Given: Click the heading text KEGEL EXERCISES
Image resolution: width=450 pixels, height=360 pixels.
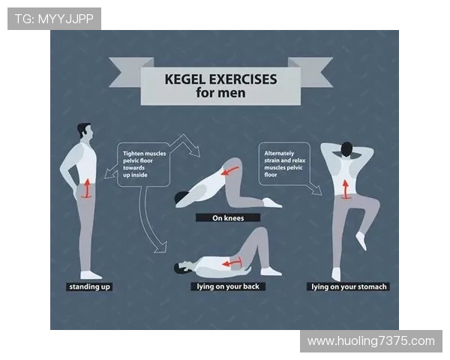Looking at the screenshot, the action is (220, 79).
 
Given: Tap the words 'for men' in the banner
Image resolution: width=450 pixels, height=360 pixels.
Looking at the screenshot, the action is (220, 93).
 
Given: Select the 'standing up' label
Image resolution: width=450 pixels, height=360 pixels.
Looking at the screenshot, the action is (89, 286).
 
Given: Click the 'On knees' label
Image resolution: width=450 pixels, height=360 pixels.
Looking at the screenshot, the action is (228, 218).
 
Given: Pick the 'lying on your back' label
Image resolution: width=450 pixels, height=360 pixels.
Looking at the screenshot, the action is (228, 286).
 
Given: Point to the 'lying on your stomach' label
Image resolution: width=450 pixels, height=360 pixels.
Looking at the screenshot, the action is (349, 286).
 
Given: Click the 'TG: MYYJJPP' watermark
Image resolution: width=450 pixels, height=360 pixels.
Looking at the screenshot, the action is (54, 19).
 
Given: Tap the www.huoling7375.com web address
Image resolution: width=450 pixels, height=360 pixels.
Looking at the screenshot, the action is (371, 341).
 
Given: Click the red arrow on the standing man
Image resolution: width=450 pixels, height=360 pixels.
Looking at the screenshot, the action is (87, 188).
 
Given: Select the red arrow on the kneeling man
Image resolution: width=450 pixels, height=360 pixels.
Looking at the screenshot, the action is (230, 170).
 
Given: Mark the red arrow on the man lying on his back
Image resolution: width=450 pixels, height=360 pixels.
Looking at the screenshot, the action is (232, 262).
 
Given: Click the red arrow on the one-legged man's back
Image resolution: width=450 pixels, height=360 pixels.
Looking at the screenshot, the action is (346, 189).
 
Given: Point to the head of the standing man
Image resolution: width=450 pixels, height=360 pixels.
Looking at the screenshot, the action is (85, 131).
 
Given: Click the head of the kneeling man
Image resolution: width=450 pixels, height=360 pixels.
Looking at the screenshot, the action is (182, 198).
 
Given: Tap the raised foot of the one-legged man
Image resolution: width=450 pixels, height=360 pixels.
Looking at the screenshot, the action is (361, 241).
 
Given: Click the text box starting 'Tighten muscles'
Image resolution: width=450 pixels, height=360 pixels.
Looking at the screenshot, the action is (144, 164).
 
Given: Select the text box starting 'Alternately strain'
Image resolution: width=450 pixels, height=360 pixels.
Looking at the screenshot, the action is (284, 164).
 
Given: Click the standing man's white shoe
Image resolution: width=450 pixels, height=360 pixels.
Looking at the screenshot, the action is (91, 275).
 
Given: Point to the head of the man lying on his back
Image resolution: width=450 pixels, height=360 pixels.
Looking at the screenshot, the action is (181, 267).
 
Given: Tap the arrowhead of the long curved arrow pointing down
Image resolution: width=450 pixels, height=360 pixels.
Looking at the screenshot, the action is (160, 248).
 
